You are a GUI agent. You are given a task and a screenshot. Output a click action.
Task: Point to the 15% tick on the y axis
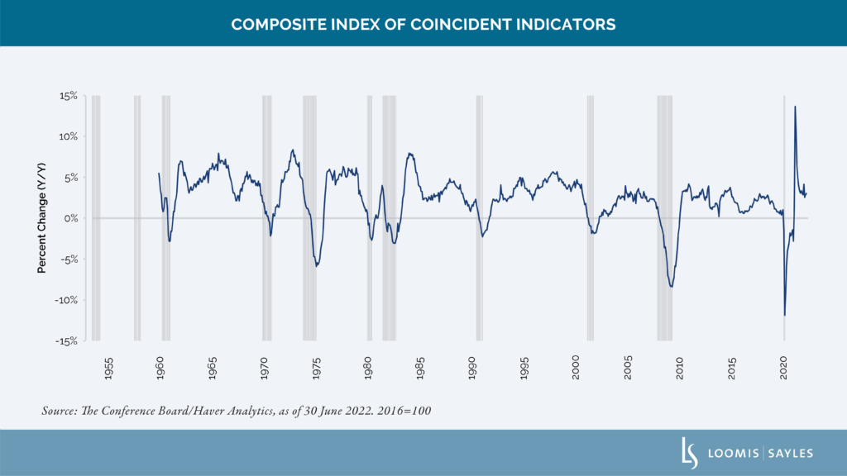69,96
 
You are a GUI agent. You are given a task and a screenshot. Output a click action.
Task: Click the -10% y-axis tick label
66,300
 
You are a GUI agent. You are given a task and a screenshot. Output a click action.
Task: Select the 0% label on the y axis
71,218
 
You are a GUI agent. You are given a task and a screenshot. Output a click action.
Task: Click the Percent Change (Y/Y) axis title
41,218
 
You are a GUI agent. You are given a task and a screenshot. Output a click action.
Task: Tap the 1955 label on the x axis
108,368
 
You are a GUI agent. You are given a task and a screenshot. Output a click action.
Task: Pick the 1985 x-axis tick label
420,368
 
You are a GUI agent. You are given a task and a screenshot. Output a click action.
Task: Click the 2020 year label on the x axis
784,368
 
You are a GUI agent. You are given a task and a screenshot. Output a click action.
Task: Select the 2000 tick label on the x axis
576,368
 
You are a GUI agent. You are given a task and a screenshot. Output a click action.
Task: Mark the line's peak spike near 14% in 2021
795,107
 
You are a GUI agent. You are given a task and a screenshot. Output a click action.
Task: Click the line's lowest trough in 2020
785,315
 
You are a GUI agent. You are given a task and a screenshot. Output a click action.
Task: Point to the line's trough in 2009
672,287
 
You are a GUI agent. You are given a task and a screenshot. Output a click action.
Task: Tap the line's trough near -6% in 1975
317,265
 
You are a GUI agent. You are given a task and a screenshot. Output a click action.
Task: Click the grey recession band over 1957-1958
137,218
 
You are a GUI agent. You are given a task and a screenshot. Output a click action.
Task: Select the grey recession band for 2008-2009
665,218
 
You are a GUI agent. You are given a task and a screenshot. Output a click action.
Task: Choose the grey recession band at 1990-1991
480,218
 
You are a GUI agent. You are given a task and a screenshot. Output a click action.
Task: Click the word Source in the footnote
60,411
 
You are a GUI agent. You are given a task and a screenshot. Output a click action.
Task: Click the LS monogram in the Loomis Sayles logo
689,454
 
